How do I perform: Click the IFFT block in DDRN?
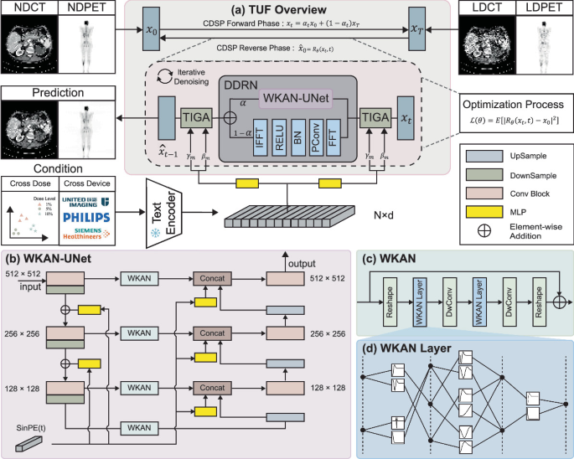coord(258,137)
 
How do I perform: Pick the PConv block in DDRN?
coord(315,137)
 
